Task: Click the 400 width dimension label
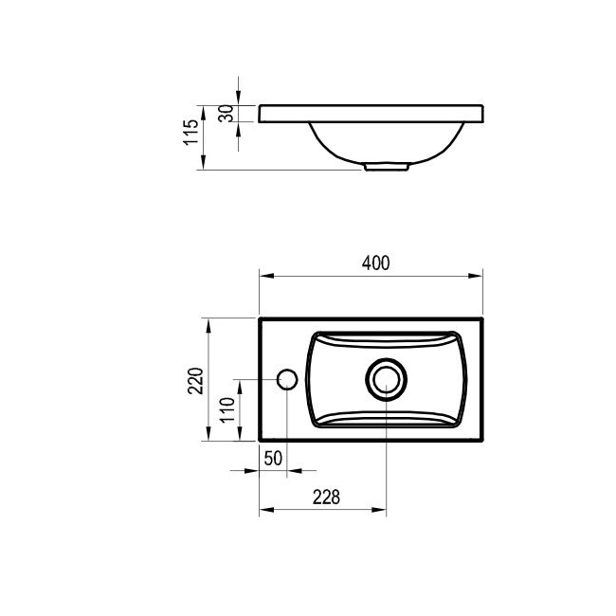coord(375,263)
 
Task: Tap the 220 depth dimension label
coord(195,380)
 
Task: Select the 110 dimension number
coord(227,409)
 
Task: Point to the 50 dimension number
coord(273,458)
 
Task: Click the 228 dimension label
coord(326,498)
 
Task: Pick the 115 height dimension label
coord(191,133)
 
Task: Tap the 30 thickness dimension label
coord(226,114)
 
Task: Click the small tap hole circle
coord(287,379)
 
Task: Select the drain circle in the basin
coord(386,379)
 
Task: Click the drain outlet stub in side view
coord(387,167)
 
